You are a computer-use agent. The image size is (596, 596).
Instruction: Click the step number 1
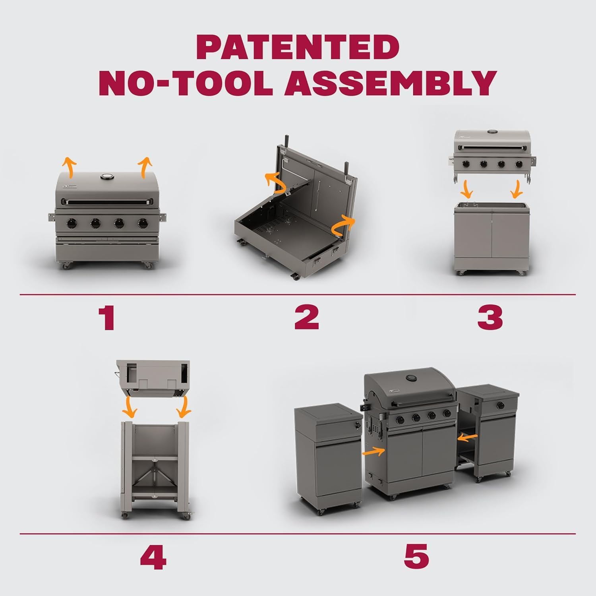107,317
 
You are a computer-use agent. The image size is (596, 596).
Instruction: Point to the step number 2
306,317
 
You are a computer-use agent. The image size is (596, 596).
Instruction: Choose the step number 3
490,317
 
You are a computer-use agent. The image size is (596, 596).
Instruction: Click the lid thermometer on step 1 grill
107,177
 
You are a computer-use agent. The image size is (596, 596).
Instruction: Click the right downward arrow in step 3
517,190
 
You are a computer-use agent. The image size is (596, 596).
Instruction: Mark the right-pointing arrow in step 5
374,451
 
